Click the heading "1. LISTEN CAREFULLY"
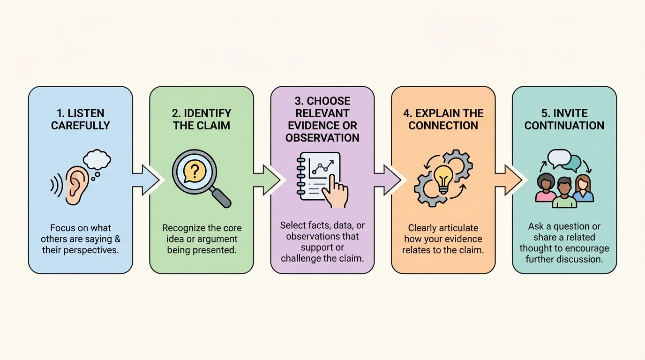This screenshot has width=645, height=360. pyautogui.click(x=80, y=119)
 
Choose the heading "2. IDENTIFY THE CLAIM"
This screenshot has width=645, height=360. pyautogui.click(x=202, y=119)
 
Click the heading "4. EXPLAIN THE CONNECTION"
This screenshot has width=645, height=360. pyautogui.click(x=443, y=119)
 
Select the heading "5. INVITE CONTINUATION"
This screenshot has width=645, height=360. pyautogui.click(x=564, y=119)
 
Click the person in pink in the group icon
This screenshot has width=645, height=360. pyautogui.click(x=545, y=188)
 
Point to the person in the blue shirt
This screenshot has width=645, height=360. pyautogui.click(x=583, y=189)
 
